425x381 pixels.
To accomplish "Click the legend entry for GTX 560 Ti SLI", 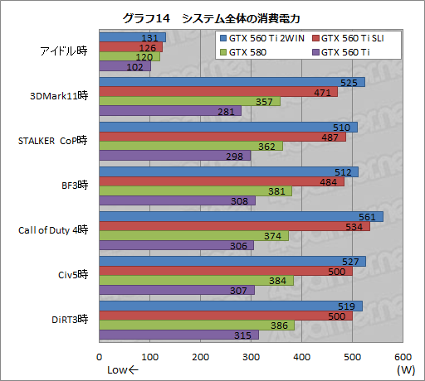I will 358,38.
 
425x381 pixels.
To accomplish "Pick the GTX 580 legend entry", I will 249,51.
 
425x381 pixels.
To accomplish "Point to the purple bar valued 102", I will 125,66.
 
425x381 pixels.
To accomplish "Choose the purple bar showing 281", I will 170,111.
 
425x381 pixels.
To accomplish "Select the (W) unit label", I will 405,369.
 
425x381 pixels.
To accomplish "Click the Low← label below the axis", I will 120,369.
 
